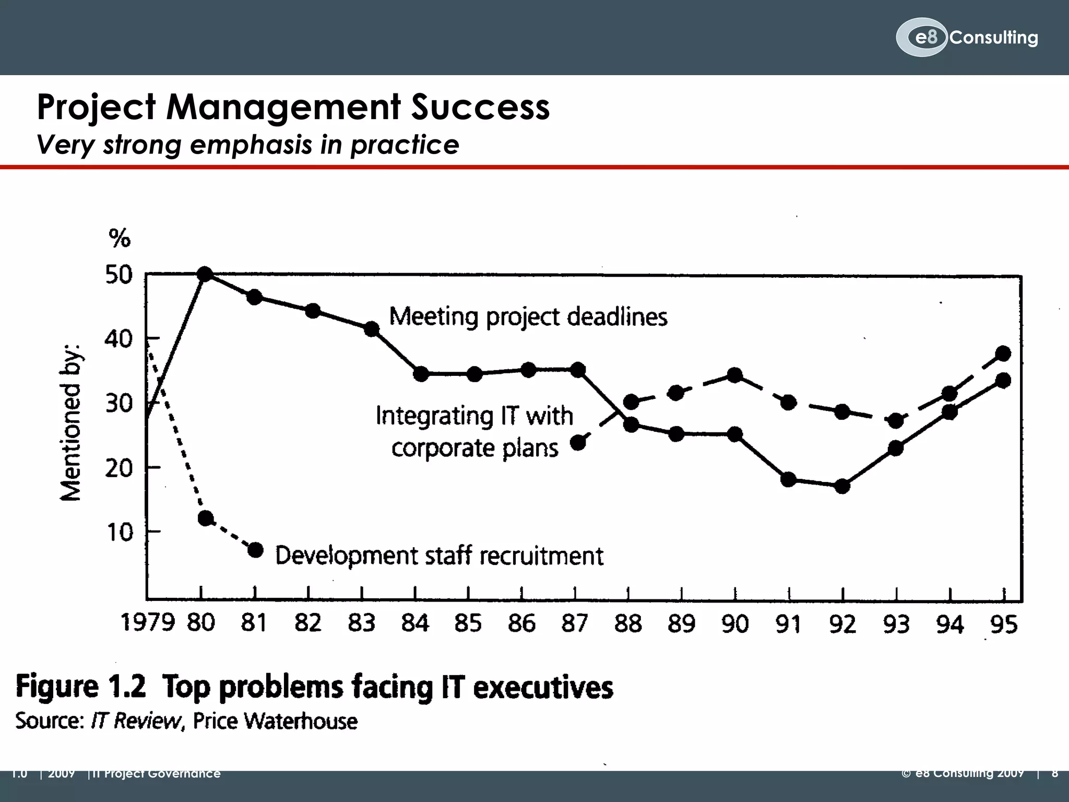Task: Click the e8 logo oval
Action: pos(921,37)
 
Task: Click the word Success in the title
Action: pos(480,107)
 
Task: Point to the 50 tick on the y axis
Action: pos(119,275)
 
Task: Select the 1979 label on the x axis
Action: pos(147,622)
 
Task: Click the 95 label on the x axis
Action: pos(1004,624)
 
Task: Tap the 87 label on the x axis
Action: pos(575,623)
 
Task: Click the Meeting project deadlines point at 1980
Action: pos(205,274)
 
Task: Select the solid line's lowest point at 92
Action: pos(842,486)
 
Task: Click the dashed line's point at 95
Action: pos(1003,353)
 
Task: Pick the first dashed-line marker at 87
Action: pos(578,443)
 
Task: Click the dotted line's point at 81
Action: pos(255,550)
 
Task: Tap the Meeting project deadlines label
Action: pos(528,316)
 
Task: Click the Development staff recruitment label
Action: pos(439,556)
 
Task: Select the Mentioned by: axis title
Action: pos(71,422)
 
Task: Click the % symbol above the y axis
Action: pos(119,239)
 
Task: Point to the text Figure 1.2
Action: pos(81,686)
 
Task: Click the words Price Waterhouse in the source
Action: pos(275,721)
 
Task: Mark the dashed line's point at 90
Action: pos(735,375)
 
